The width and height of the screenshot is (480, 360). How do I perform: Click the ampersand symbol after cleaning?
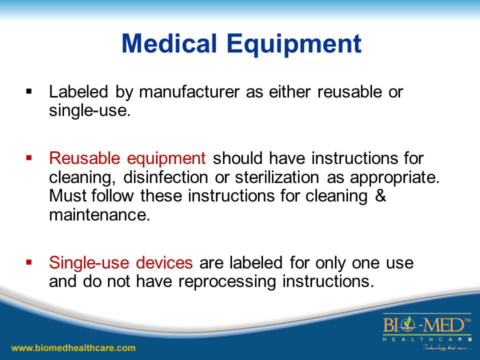tap(380, 195)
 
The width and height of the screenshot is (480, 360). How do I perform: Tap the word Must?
tap(66, 195)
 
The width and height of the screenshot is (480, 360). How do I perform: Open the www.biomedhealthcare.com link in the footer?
tap(73, 347)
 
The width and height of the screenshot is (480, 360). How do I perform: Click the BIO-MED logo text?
tap(426, 326)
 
